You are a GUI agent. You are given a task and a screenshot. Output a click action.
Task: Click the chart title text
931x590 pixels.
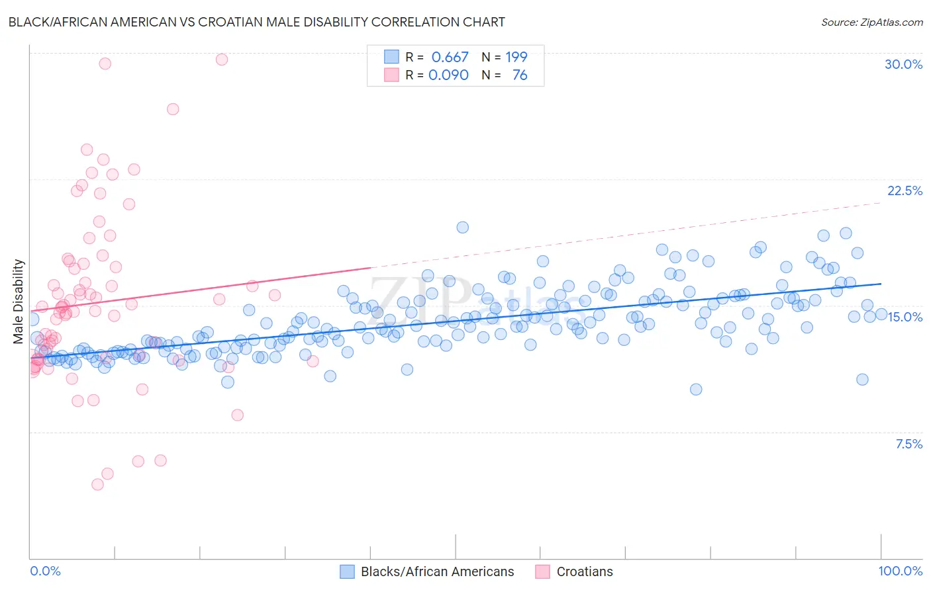[x=256, y=22]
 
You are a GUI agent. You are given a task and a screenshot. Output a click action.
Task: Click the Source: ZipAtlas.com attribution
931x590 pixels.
[x=871, y=22]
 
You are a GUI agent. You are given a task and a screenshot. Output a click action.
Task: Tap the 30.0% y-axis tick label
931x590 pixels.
[x=903, y=64]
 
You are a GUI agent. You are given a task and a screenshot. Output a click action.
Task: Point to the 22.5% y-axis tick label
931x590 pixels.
[x=905, y=190]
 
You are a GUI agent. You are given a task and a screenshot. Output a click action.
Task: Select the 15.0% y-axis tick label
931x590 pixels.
[x=905, y=317]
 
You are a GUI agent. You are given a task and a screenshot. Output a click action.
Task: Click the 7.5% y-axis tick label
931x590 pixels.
[x=908, y=444]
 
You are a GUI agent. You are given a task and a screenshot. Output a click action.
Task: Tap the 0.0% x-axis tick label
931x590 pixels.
[x=45, y=571]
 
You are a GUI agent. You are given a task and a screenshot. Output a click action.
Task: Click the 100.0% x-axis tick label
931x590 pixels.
[x=900, y=571]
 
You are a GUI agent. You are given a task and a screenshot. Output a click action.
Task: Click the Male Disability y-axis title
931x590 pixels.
[x=18, y=301]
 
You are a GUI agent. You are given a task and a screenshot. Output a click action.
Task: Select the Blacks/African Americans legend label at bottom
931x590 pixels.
[x=437, y=571]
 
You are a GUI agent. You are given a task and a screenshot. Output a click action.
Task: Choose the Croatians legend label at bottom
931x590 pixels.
[x=585, y=571]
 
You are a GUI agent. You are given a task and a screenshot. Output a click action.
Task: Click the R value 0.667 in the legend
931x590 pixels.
[x=450, y=57]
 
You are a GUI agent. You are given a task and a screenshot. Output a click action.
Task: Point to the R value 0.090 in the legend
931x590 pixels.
[x=448, y=75]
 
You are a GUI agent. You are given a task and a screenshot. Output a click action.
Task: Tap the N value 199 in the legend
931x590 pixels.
[x=516, y=57]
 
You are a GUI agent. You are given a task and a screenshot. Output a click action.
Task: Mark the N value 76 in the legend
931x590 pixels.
[x=520, y=75]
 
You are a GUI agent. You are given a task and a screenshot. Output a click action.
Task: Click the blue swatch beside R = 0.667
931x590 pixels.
[x=392, y=57]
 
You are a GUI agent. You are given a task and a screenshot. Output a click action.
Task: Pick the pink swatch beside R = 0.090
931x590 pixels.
[x=392, y=75]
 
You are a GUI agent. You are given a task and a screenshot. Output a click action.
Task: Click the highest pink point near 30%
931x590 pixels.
[x=222, y=60]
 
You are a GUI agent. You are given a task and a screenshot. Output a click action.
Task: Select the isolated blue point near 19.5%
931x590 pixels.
[x=463, y=227]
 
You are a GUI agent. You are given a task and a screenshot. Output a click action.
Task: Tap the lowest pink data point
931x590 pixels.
[x=97, y=484]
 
